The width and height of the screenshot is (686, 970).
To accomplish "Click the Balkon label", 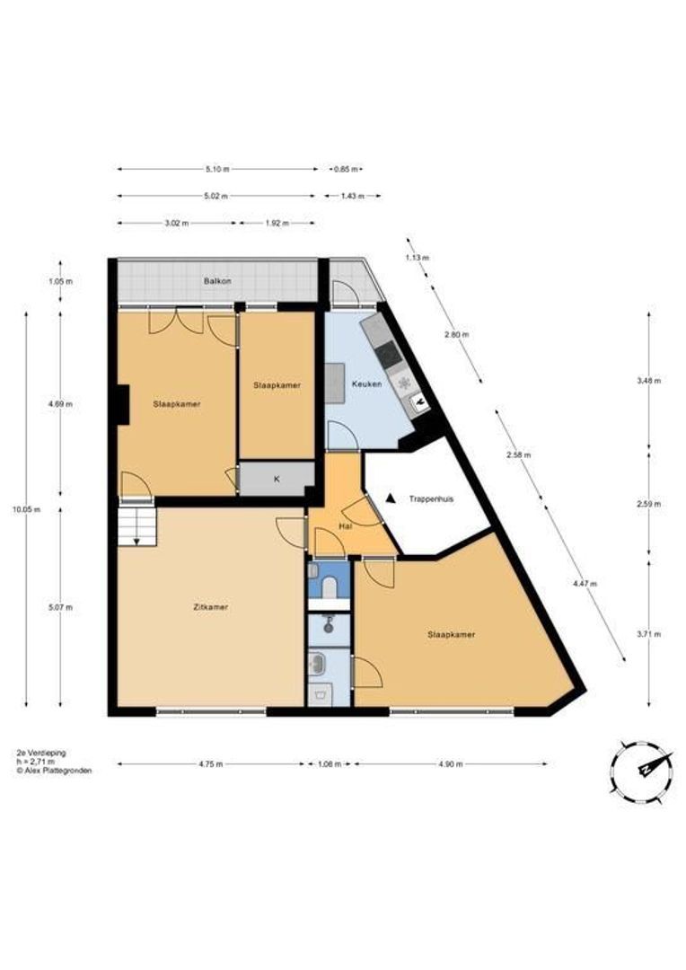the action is click(x=217, y=281).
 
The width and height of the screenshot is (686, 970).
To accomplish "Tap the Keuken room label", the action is click(x=367, y=384).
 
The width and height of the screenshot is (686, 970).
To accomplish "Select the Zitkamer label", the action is click(x=211, y=607).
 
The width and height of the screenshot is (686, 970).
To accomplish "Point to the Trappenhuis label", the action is click(x=431, y=498).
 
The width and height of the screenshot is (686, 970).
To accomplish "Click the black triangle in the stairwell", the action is click(x=390, y=498).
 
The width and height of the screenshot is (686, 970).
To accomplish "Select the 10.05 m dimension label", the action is click(x=27, y=510).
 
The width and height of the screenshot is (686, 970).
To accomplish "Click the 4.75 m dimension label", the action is click(x=211, y=764).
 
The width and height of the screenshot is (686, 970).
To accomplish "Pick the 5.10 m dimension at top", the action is click(x=217, y=169).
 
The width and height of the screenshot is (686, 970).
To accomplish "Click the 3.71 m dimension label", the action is click(x=648, y=633).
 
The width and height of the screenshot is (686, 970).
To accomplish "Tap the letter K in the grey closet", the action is click(x=277, y=479).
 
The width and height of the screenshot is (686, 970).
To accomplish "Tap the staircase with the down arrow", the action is click(x=136, y=526).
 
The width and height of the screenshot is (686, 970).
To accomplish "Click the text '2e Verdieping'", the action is click(x=40, y=753).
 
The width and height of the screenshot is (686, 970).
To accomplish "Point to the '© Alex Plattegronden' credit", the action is click(x=55, y=771).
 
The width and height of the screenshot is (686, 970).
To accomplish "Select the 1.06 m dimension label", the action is click(x=329, y=764).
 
